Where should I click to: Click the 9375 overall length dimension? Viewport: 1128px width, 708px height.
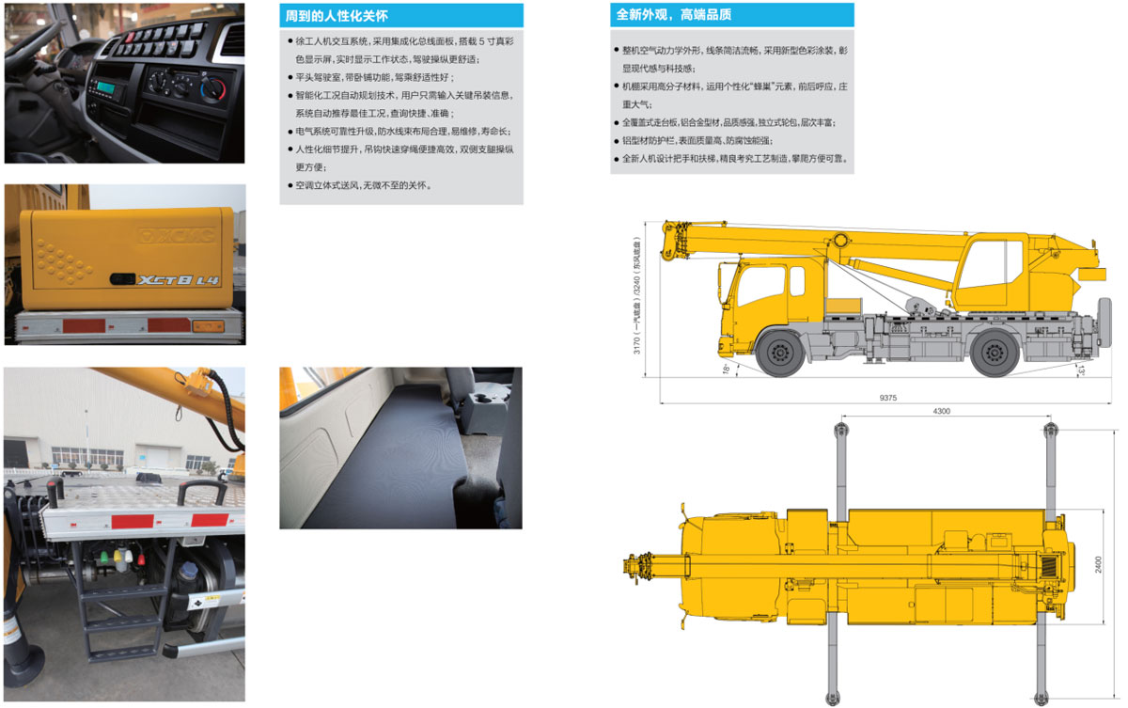point(887,398)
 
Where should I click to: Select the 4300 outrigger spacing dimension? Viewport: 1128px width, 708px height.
point(941,411)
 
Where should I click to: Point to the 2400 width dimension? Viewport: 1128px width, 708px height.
point(1098,564)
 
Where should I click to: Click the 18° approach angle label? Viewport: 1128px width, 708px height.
point(726,369)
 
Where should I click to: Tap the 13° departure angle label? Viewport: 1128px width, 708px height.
point(1081,370)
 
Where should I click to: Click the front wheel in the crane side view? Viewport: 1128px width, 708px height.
point(780,353)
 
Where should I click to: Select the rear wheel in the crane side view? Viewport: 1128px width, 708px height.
point(995,353)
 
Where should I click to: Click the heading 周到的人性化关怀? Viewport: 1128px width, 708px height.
point(337,16)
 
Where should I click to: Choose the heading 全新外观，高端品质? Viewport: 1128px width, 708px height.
point(674,15)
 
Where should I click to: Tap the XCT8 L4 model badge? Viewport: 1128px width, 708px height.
point(179,280)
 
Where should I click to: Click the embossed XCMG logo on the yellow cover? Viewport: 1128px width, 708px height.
point(178,235)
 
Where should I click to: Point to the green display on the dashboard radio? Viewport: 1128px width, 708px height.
point(106,87)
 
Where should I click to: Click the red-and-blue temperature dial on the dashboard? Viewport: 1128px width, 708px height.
point(213,89)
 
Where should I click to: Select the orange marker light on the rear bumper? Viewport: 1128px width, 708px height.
point(208,326)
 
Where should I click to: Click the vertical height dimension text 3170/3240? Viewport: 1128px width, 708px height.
point(637,295)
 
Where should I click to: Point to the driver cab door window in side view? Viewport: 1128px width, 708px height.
point(760,285)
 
